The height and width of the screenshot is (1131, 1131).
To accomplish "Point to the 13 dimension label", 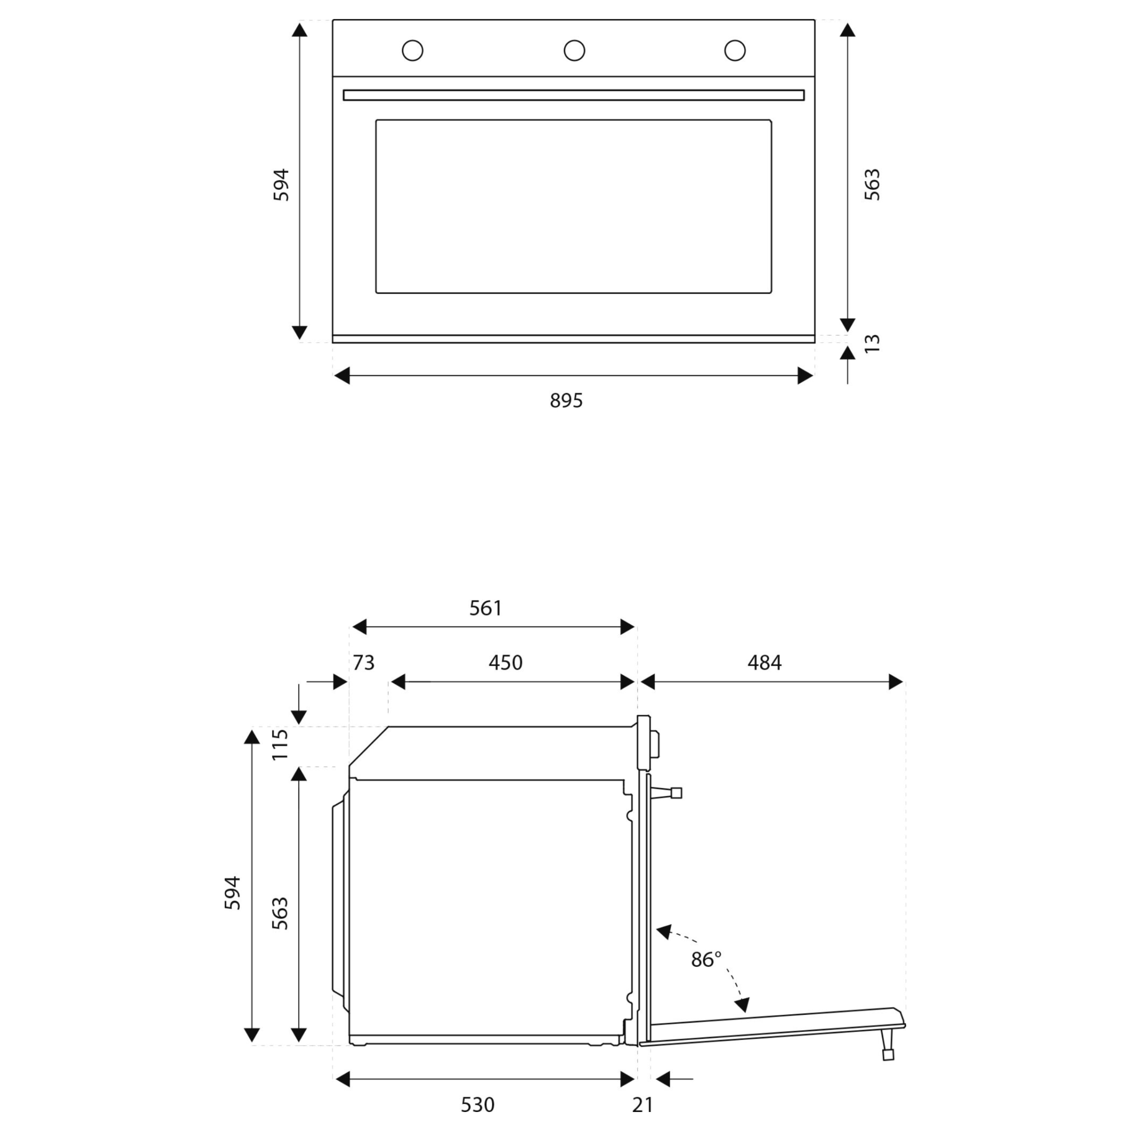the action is coord(872,343).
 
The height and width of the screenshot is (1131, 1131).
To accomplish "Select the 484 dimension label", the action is coord(765,663).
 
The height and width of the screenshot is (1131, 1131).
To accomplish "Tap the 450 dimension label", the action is coord(505,663).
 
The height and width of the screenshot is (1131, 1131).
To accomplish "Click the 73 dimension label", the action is coord(363,663).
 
